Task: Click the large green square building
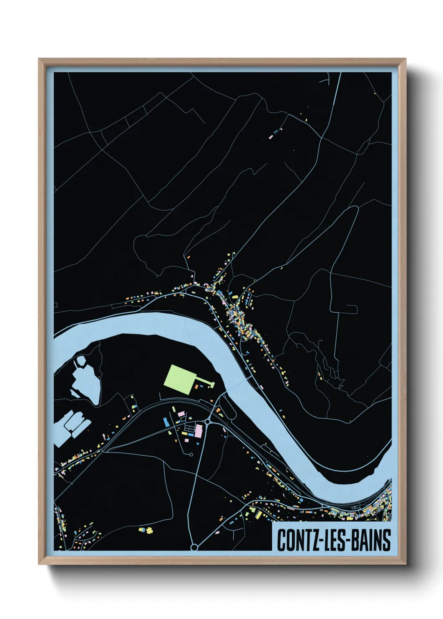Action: pos(180,379)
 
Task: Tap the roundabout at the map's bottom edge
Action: pos(194,547)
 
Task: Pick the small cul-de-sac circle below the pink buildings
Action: pos(191,454)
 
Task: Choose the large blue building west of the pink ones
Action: pos(166,423)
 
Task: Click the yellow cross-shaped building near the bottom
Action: pos(149,530)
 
